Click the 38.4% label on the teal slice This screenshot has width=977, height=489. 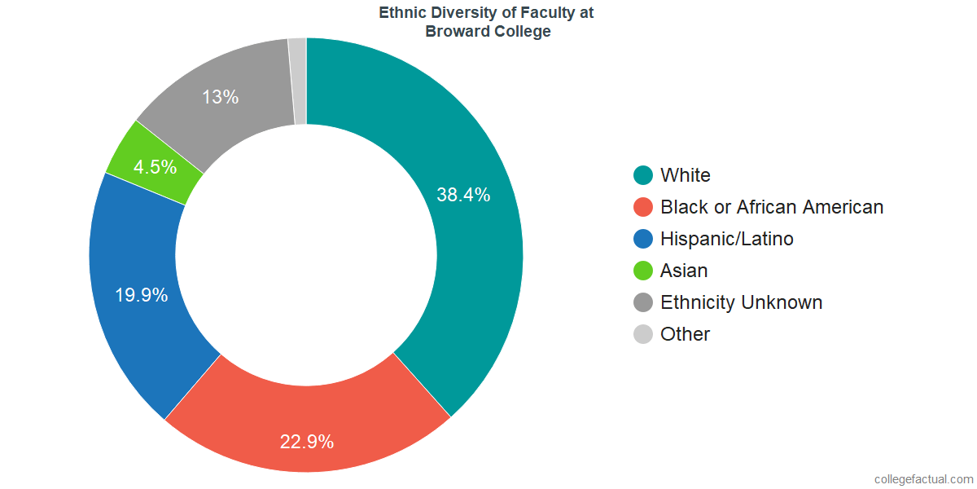click(x=463, y=195)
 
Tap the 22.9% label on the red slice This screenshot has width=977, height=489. click(x=307, y=442)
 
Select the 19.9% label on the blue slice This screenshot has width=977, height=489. click(x=142, y=295)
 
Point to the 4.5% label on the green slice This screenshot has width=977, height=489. click(x=155, y=167)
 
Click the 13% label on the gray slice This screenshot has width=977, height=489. click(x=221, y=97)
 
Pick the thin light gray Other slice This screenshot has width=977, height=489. click(x=298, y=81)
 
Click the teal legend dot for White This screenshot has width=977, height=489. click(x=643, y=175)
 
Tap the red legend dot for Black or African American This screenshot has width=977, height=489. click(x=643, y=207)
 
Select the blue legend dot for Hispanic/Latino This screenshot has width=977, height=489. click(x=643, y=239)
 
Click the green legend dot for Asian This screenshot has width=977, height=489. click(x=643, y=271)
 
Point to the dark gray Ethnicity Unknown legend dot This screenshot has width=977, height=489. click(x=643, y=302)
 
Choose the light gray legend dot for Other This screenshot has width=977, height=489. click(x=643, y=334)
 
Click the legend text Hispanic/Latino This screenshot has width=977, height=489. click(x=726, y=239)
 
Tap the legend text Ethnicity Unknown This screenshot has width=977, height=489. click(x=742, y=302)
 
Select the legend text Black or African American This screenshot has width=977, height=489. click(x=772, y=207)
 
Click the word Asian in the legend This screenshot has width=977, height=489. click(x=684, y=271)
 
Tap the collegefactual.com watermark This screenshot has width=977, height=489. click(x=924, y=479)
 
